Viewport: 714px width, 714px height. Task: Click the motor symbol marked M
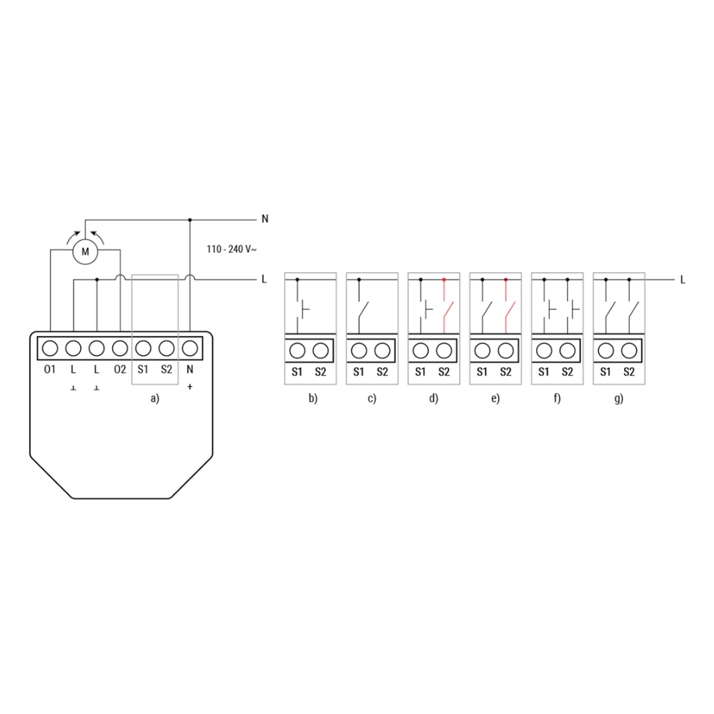[85, 251]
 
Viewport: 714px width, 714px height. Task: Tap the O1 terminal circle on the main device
[50, 348]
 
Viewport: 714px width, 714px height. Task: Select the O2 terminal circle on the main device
[120, 348]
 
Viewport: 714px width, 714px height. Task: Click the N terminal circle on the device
[190, 348]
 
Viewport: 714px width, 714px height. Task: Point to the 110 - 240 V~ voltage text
[231, 249]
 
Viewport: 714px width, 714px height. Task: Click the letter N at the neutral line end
[265, 219]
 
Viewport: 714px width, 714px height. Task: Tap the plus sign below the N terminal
[190, 386]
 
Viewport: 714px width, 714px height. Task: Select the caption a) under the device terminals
[155, 399]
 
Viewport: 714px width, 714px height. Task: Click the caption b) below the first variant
[313, 398]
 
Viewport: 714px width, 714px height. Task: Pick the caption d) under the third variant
[433, 398]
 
